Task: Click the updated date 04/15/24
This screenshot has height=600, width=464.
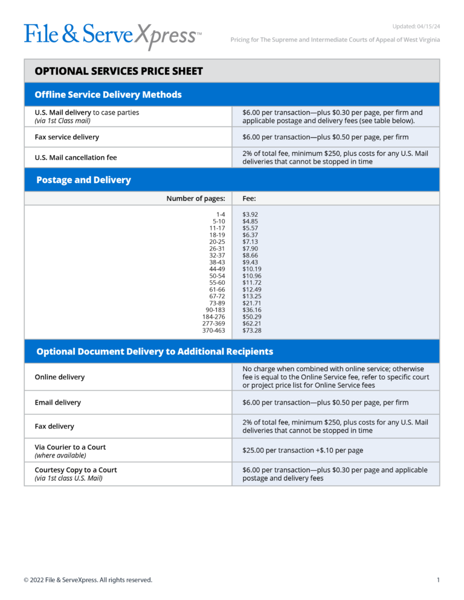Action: tap(416, 26)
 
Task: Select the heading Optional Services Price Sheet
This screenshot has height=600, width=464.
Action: tap(118, 71)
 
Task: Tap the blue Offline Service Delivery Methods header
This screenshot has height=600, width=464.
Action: tap(108, 95)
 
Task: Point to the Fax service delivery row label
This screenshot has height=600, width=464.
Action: tap(66, 137)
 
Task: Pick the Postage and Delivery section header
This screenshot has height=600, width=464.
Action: tap(83, 180)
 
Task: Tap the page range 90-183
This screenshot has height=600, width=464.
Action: tap(215, 310)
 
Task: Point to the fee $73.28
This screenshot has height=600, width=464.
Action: tap(252, 330)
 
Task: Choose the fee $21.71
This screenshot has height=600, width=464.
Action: tap(252, 303)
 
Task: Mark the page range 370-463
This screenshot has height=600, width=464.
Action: tap(213, 330)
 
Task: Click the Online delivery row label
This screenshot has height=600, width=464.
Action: tap(59, 377)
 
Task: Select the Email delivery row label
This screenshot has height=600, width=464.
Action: tap(57, 403)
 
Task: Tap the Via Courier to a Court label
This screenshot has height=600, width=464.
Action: tap(70, 447)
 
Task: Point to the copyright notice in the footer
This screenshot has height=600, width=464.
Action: tap(88, 580)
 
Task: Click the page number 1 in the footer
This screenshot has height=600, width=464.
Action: tap(437, 580)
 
